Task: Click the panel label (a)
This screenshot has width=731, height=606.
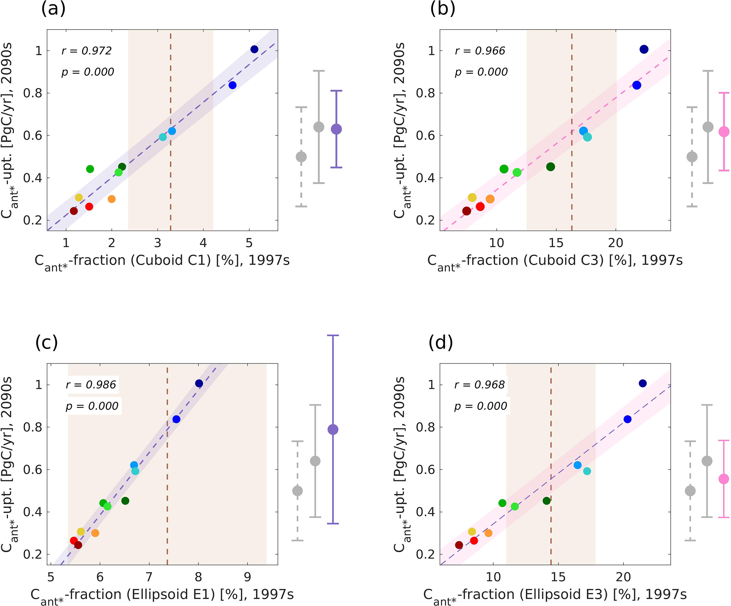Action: pos(53,8)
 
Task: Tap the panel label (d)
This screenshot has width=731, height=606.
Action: pos(441,342)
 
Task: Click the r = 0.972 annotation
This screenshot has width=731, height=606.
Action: pos(87,51)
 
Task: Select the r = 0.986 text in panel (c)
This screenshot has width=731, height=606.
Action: pos(91,385)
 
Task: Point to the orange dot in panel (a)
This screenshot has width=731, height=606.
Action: pos(111,199)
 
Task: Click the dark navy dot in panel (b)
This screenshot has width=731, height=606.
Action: pos(644,49)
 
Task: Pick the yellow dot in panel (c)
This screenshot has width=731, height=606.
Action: pos(81,532)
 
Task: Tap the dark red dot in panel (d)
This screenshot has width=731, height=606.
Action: pos(459,545)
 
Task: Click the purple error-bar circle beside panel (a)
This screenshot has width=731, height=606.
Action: pos(336,129)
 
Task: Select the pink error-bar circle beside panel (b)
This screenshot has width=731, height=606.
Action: pos(724,132)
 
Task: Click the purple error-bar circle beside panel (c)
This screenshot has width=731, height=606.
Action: pos(333,430)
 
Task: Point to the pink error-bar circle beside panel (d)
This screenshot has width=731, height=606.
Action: pos(724,479)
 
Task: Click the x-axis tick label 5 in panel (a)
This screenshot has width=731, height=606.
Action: pos(249,243)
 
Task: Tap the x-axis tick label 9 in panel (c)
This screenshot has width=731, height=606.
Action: pos(248,577)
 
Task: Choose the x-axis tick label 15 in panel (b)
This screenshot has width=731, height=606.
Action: pos(556,243)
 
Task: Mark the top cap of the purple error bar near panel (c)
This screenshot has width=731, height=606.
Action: pos(333,335)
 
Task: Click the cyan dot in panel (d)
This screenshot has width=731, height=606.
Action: pos(587,471)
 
